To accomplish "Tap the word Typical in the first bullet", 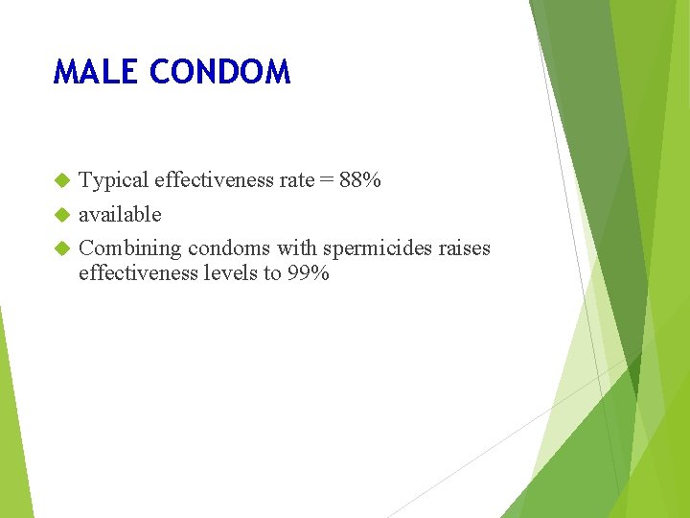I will (x=113, y=180).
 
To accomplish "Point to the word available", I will (x=120, y=214).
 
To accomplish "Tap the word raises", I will (x=464, y=248).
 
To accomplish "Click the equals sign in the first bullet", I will (x=326, y=180).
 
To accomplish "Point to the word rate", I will (x=296, y=180).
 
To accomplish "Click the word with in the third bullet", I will (x=296, y=248).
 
